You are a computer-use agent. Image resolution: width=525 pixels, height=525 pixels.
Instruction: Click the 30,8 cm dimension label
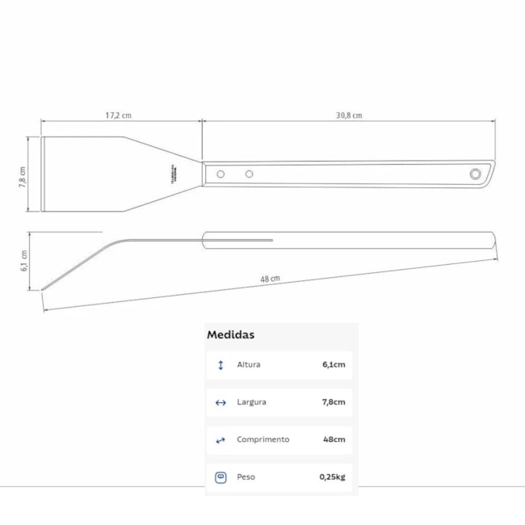349,115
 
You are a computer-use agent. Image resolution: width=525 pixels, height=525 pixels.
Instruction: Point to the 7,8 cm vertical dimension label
23,176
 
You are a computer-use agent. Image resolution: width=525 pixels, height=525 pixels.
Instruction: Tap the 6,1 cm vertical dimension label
24,259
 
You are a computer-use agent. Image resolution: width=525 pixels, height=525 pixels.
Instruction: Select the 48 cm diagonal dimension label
270,279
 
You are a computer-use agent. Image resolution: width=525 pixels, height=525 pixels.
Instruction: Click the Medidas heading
231,334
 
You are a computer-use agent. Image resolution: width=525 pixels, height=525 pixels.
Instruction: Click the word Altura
249,365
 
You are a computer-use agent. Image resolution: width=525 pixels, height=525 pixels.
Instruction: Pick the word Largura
251,402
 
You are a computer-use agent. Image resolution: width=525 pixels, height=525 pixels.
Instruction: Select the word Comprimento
262,440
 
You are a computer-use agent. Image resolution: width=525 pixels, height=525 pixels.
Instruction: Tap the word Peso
246,477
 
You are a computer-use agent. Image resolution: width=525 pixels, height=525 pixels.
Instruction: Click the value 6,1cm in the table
334,365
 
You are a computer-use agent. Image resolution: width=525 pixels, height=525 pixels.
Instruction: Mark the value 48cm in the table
334,440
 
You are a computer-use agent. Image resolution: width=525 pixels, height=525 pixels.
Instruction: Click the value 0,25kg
332,477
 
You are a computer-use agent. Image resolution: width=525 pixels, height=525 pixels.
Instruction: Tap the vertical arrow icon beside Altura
220,365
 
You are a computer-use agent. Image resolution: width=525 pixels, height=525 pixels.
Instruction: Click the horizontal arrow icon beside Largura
220,402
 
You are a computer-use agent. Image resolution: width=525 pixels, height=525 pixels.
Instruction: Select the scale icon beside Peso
220,477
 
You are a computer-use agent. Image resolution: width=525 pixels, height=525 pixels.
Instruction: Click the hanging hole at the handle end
475,174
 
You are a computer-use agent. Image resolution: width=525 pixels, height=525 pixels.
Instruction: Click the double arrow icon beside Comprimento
220,440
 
